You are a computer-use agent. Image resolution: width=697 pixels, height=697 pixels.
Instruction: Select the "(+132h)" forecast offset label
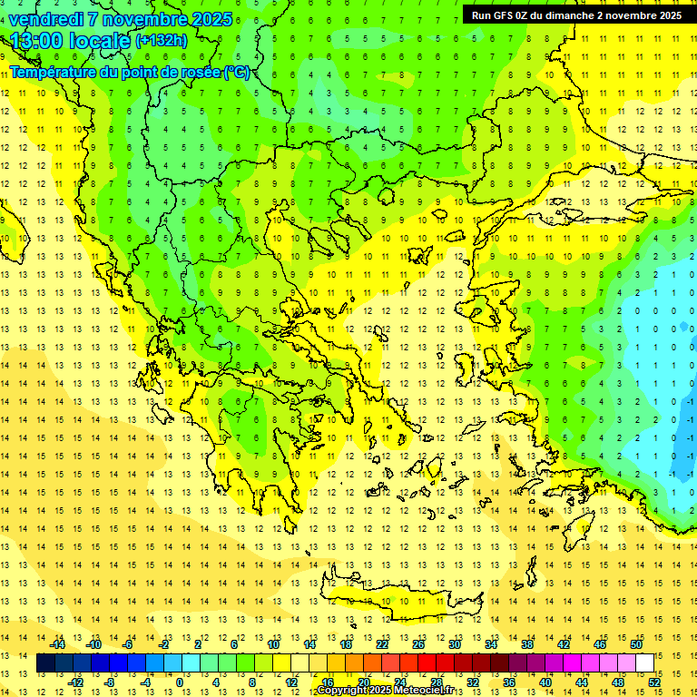pyautogui.click(x=162, y=41)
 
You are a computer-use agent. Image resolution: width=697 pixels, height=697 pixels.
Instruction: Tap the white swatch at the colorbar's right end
pyautogui.click(x=644, y=663)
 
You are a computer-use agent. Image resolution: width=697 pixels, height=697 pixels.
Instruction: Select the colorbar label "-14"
pyautogui.click(x=57, y=644)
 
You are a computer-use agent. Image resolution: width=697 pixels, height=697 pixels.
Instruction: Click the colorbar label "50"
pyautogui.click(x=636, y=644)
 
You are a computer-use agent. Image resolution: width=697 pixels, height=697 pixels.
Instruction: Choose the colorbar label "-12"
pyautogui.click(x=75, y=682)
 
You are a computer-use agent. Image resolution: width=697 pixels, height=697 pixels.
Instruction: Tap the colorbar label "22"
pyautogui.click(x=382, y=644)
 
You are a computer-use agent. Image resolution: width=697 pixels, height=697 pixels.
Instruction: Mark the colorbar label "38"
pyautogui.click(x=527, y=644)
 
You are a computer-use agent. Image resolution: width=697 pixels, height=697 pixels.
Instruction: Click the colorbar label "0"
pyautogui.click(x=179, y=682)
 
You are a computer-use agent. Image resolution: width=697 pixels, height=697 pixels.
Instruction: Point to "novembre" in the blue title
pyautogui.click(x=147, y=19)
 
